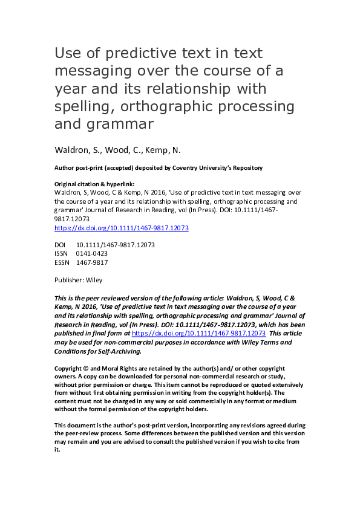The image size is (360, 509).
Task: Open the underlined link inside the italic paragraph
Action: (x=199, y=333)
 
